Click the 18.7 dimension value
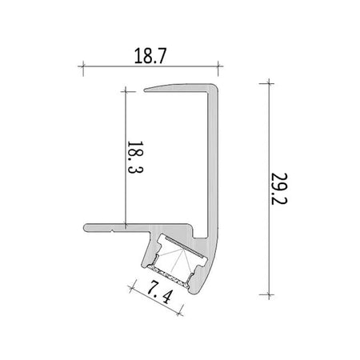click(x=150, y=56)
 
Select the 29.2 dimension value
click(x=279, y=189)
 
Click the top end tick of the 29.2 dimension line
click(x=269, y=84)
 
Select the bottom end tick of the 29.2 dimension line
click(x=269, y=294)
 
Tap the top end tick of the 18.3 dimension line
click(x=126, y=91)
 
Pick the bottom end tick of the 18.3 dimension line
click(x=126, y=226)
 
